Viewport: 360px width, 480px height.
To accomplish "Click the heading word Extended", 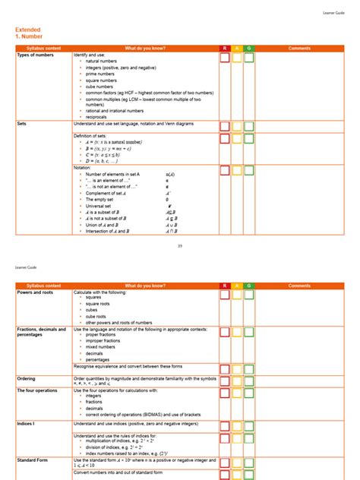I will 28,30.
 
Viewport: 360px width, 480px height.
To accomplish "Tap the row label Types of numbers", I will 36,55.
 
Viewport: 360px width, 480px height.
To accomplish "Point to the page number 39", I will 179,245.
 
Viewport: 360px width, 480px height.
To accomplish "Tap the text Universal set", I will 100,205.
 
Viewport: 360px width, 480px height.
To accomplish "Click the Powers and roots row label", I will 36,292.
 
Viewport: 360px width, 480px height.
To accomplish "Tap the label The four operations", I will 38,390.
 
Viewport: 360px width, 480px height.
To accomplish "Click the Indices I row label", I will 27,424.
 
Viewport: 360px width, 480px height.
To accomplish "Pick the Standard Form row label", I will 35,459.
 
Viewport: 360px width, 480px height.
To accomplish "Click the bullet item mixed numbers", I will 101,346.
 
